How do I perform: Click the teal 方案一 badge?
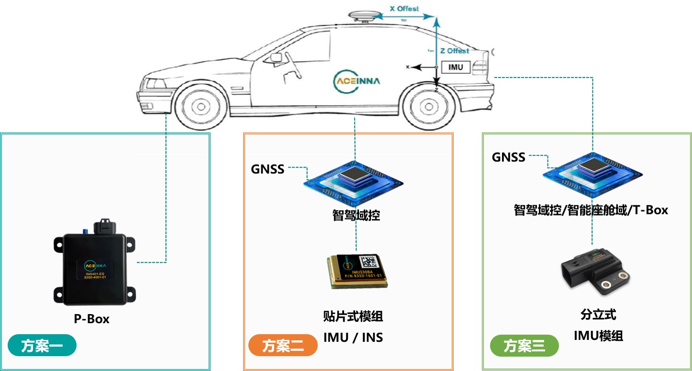tap(42, 346)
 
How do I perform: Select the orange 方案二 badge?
tap(283, 346)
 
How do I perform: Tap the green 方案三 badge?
tap(524, 346)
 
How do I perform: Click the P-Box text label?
tap(91, 319)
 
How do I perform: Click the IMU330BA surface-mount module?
tap(357, 271)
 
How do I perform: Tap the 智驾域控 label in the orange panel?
tap(356, 215)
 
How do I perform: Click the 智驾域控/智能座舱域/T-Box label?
tap(591, 210)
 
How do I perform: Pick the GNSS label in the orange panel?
tap(268, 169)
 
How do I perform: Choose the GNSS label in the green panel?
tap(509, 157)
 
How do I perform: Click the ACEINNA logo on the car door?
tap(357, 81)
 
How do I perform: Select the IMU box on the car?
tap(455, 67)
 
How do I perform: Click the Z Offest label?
tap(454, 50)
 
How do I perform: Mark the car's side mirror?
tap(276, 57)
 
